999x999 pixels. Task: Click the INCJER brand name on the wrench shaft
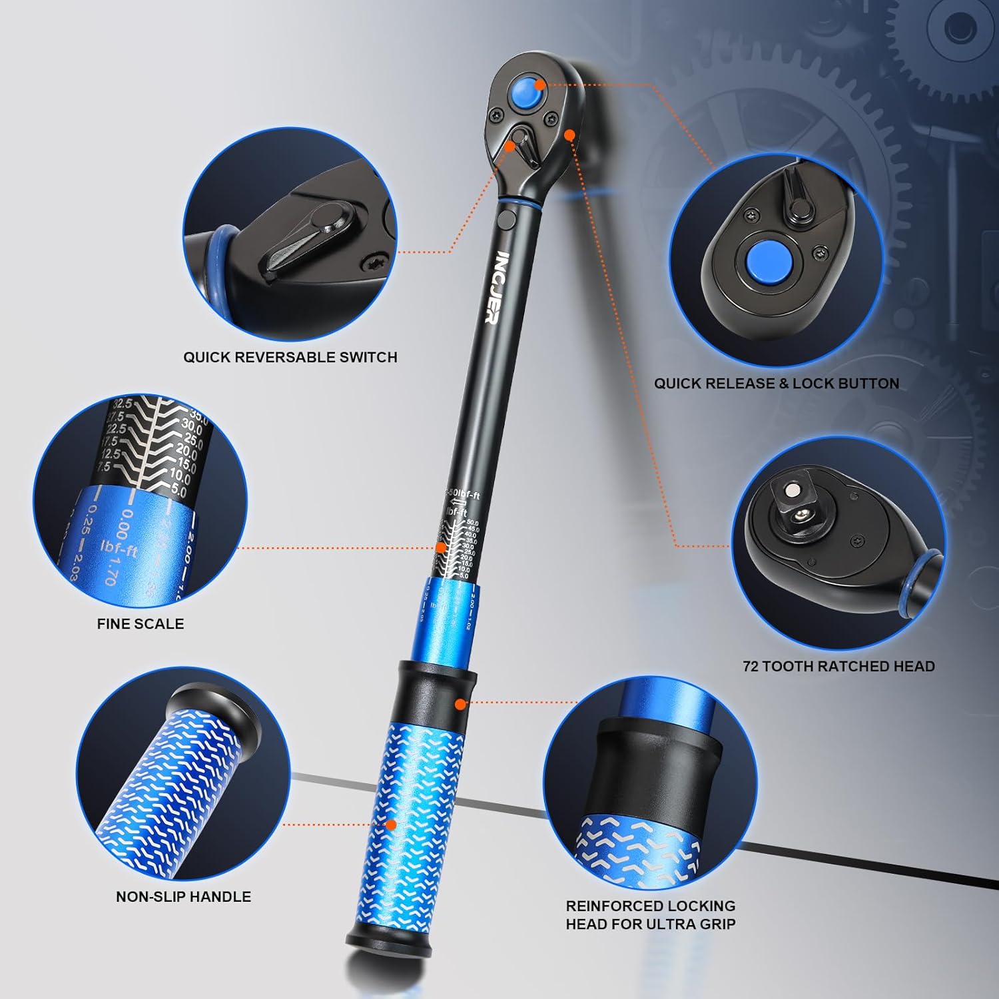[x=497, y=287]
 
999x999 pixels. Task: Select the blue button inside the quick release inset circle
[x=765, y=261]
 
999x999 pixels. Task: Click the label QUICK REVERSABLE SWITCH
[x=290, y=357]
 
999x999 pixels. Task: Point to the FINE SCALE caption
[x=141, y=624]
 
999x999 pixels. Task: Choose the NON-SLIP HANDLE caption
[x=183, y=897]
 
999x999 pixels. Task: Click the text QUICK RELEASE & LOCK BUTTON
[x=776, y=384]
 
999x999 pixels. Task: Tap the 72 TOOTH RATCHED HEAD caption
[x=838, y=667]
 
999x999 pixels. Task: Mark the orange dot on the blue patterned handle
[x=392, y=825]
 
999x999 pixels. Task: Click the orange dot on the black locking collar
[x=459, y=703]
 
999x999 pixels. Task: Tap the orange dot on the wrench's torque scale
[x=440, y=547]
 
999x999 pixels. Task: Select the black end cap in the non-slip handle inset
[x=212, y=711]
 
